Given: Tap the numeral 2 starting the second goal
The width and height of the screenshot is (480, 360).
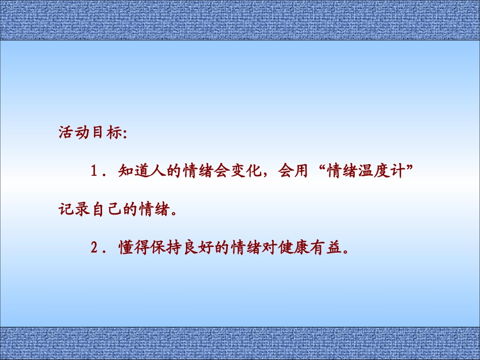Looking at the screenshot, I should point(94,248).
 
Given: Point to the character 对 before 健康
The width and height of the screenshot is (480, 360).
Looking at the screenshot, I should point(266,248).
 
